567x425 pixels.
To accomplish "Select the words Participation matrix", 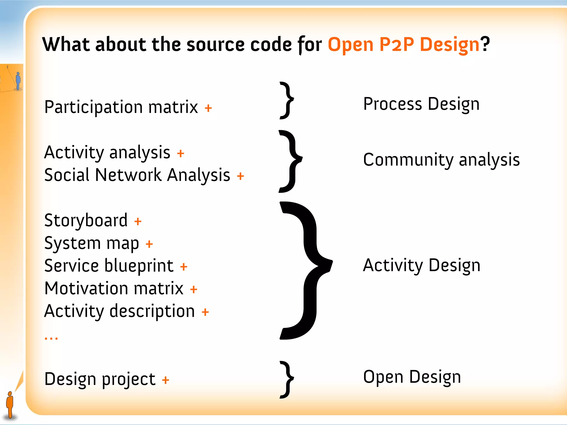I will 121,107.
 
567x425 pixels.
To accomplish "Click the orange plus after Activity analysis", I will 181,153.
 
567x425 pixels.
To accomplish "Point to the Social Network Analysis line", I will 137,175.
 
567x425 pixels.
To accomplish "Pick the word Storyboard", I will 86,221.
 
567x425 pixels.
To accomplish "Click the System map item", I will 91,243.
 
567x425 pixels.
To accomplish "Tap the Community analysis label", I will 441,160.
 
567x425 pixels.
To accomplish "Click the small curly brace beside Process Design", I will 287,100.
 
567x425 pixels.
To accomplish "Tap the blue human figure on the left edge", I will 18,81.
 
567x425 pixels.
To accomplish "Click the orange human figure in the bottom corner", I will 10,405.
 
